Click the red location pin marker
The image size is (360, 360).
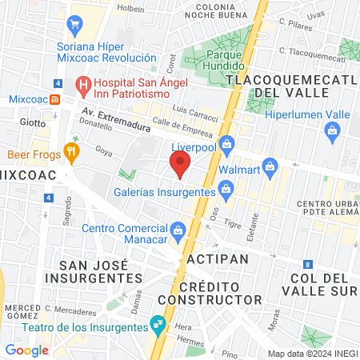(180, 165)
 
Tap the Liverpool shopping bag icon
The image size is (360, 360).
(226, 143)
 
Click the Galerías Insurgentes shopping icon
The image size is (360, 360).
(226, 190)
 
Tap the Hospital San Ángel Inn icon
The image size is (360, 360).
(82, 83)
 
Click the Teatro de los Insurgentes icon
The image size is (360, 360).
(158, 325)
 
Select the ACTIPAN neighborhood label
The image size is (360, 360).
(217, 259)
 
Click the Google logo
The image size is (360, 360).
(26, 350)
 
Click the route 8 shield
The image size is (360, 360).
(307, 264)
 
